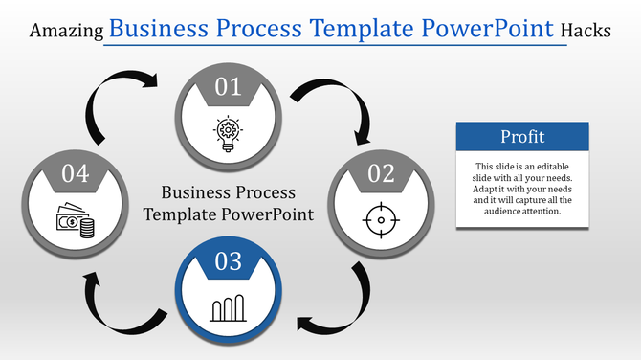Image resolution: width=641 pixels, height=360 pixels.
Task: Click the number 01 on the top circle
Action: point(228,88)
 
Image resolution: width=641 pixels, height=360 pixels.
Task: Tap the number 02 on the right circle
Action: point(381,173)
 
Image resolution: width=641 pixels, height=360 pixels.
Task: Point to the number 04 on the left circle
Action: point(76,173)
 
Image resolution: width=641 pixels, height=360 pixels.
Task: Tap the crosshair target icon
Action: point(381,220)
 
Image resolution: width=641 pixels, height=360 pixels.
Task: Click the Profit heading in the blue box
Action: point(520,135)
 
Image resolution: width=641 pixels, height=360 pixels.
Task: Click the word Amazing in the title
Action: point(67,31)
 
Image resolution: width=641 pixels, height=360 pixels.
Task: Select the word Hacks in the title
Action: point(586,31)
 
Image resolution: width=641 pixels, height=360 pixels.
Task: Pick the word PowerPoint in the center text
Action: point(270,214)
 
